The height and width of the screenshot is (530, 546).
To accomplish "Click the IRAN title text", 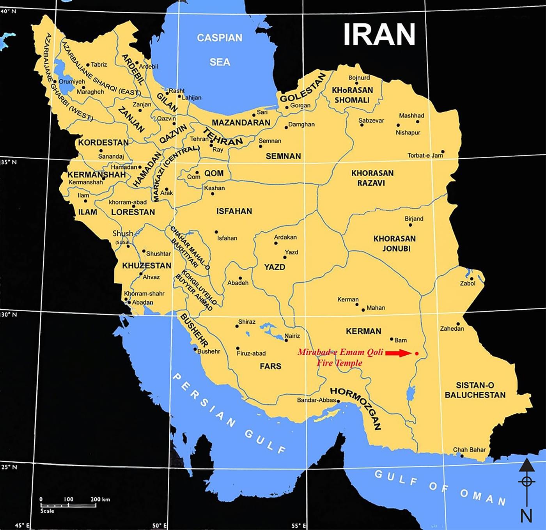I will pyautogui.click(x=379, y=34).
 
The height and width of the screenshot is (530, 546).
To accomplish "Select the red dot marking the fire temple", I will pyautogui.click(x=417, y=353).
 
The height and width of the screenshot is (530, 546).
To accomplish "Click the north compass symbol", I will pyautogui.click(x=526, y=482).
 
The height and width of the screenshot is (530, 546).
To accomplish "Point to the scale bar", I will pyautogui.click(x=68, y=506).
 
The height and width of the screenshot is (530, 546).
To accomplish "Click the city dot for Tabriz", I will pyautogui.click(x=88, y=65).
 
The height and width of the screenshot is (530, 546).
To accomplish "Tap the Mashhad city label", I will pyautogui.click(x=411, y=115).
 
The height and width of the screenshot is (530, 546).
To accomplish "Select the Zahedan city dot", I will pyautogui.click(x=458, y=324).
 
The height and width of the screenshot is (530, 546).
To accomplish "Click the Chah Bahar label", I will pyautogui.click(x=469, y=450).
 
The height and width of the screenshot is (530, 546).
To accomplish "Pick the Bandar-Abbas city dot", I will pyautogui.click(x=338, y=401).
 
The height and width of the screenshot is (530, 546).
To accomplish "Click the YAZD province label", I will pyautogui.click(x=275, y=267).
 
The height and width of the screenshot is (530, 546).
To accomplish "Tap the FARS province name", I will pyautogui.click(x=270, y=366).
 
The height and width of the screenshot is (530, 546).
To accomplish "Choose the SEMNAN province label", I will pyautogui.click(x=283, y=156).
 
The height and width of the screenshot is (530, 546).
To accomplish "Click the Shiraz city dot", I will pyautogui.click(x=237, y=326).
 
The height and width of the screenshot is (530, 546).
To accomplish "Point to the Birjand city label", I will pyautogui.click(x=414, y=218).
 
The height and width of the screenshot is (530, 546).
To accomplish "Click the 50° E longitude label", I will pyautogui.click(x=160, y=525).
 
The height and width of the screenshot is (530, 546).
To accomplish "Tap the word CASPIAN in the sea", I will pyautogui.click(x=220, y=38).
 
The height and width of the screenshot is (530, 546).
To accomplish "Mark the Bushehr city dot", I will pyautogui.click(x=195, y=349).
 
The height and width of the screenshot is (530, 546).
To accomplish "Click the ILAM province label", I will pyautogui.click(x=87, y=212).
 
